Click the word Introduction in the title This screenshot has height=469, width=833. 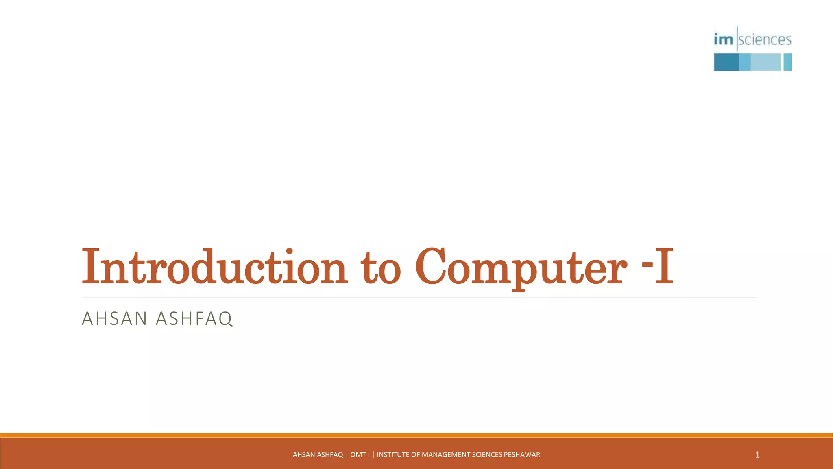pos(215,267)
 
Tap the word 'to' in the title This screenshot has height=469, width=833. pos(381,269)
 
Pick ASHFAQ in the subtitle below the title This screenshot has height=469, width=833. pos(194,318)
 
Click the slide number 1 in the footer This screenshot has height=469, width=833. pos(757,455)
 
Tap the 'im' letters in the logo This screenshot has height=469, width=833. pos(723,39)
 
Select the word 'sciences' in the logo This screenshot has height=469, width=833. pos(765,39)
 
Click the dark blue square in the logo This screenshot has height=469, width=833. pos(726,62)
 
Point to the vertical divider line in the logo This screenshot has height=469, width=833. pos(737,39)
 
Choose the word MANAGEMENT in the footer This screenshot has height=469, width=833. pos(446,455)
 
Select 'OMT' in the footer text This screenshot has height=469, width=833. pos(358,455)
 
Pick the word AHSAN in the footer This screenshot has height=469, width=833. pos(303,455)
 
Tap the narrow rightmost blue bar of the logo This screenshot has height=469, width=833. pos(787,62)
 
